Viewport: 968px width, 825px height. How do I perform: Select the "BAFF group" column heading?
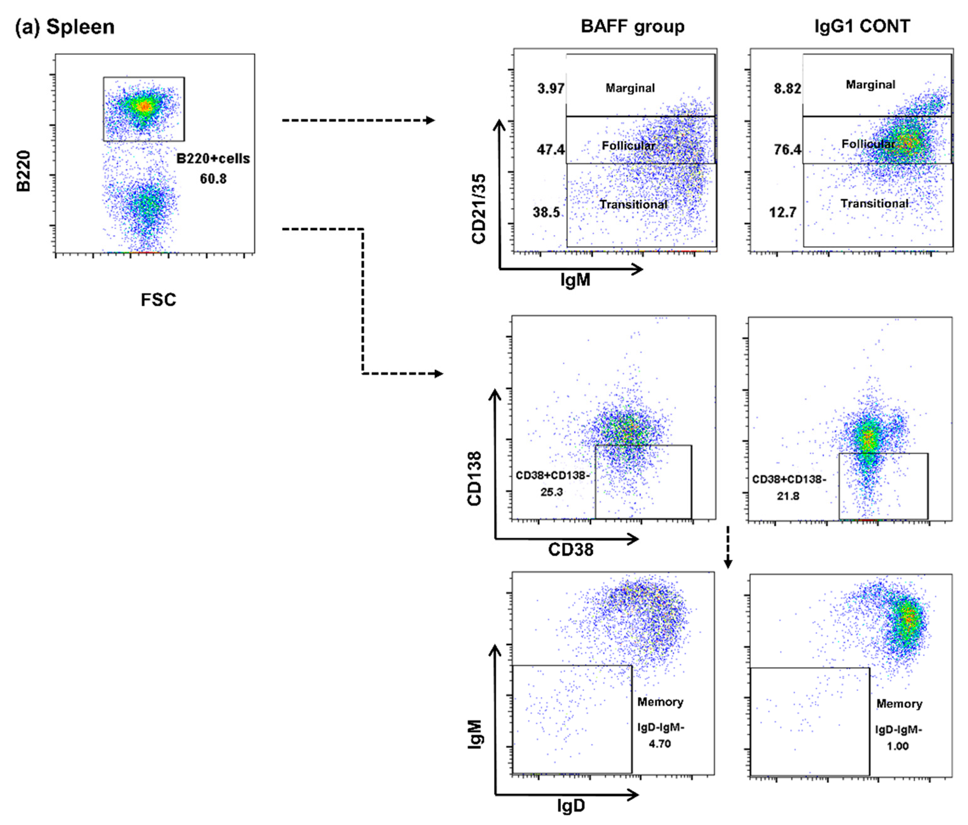tap(632, 27)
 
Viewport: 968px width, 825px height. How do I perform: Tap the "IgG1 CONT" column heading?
tap(862, 27)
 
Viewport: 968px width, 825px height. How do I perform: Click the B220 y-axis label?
tap(23, 171)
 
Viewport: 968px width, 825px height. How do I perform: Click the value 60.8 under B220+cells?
tap(213, 179)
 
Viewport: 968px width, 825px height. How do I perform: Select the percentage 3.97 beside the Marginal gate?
tap(551, 88)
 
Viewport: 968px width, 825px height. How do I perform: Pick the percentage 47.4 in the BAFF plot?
tap(551, 150)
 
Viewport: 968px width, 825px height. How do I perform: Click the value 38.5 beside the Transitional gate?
tap(546, 213)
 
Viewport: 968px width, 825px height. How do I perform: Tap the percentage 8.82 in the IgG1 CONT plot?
tap(787, 88)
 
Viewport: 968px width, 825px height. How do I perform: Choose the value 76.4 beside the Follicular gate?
tap(787, 150)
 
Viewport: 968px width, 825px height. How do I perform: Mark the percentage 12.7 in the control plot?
tap(783, 213)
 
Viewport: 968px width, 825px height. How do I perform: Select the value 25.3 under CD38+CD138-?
tap(552, 492)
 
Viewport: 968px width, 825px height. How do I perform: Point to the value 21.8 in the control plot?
tap(788, 496)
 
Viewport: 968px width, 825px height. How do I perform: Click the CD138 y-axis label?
tap(475, 479)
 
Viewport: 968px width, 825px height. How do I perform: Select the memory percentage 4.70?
tap(660, 744)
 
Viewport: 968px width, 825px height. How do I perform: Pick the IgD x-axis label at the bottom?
tap(571, 806)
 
